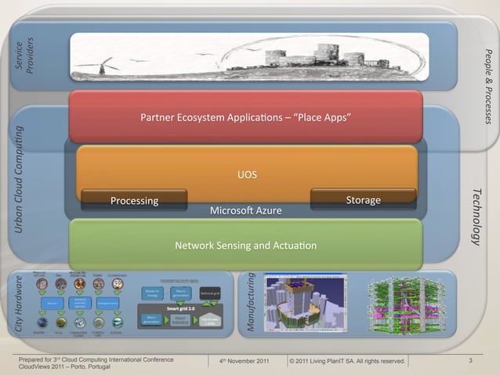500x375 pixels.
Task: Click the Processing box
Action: (x=134, y=201)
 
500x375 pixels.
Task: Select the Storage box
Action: (x=363, y=200)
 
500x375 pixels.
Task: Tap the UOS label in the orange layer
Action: (x=248, y=174)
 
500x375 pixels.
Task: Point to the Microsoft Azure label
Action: (x=246, y=212)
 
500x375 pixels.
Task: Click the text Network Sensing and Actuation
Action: (x=246, y=246)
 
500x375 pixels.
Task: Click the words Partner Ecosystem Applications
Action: (x=211, y=118)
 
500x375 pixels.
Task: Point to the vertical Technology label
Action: (x=476, y=216)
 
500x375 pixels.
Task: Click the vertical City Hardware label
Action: (x=18, y=307)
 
